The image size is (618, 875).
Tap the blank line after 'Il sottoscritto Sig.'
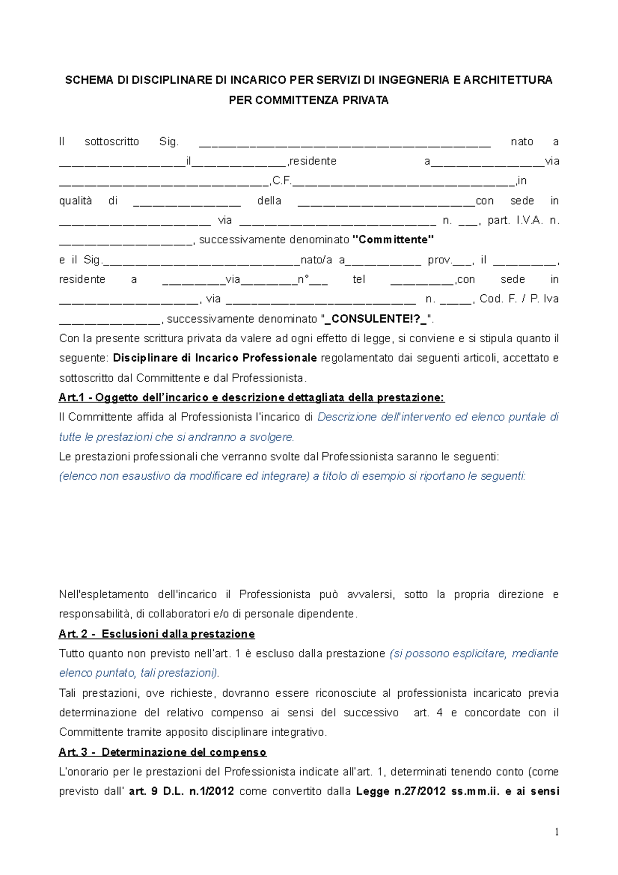point(345,143)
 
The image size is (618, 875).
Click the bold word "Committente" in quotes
point(393,240)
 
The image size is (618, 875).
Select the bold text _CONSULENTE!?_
point(375,319)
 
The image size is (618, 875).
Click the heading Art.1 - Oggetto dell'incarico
point(251,397)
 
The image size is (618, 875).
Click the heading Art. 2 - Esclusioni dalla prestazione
point(157,634)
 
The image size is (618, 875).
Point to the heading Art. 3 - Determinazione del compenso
point(162,752)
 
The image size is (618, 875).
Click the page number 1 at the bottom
point(556,832)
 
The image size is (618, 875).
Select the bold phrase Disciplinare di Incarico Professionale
point(215,358)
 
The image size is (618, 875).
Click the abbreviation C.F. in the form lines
point(282,181)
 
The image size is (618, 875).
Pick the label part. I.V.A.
point(515,221)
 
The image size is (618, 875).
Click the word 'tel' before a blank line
point(359,279)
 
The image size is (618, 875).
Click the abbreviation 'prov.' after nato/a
point(439,260)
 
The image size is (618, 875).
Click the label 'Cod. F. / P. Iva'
point(519,299)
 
